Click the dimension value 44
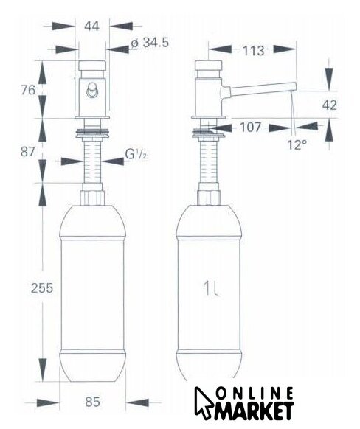tap(91, 27)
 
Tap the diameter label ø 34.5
tap(150, 43)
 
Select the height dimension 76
tap(28, 90)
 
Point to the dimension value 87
tap(27, 152)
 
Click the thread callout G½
tap(136, 155)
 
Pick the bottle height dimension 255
tap(42, 288)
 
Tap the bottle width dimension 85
tap(92, 402)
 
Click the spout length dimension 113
tap(254, 51)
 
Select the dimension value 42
tap(330, 105)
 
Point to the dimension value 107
tap(251, 128)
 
